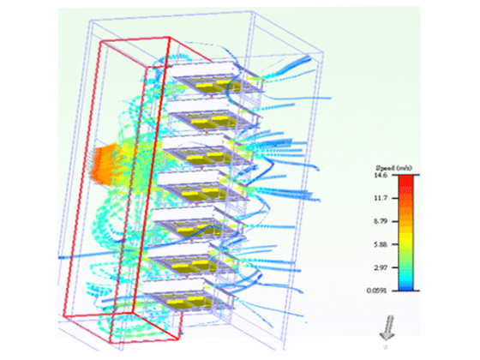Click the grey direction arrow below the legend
(x=387, y=327)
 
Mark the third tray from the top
(x=206, y=154)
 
